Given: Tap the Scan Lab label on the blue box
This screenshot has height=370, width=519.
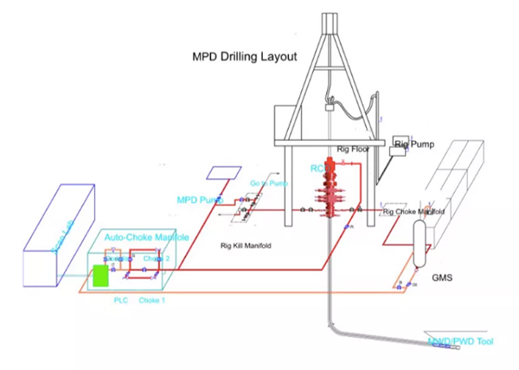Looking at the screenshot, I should point(55,224).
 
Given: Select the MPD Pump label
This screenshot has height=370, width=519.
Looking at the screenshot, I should point(198,200).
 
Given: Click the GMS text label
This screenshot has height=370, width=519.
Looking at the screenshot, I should point(442,280).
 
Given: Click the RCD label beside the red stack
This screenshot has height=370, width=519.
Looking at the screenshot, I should point(317,168).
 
